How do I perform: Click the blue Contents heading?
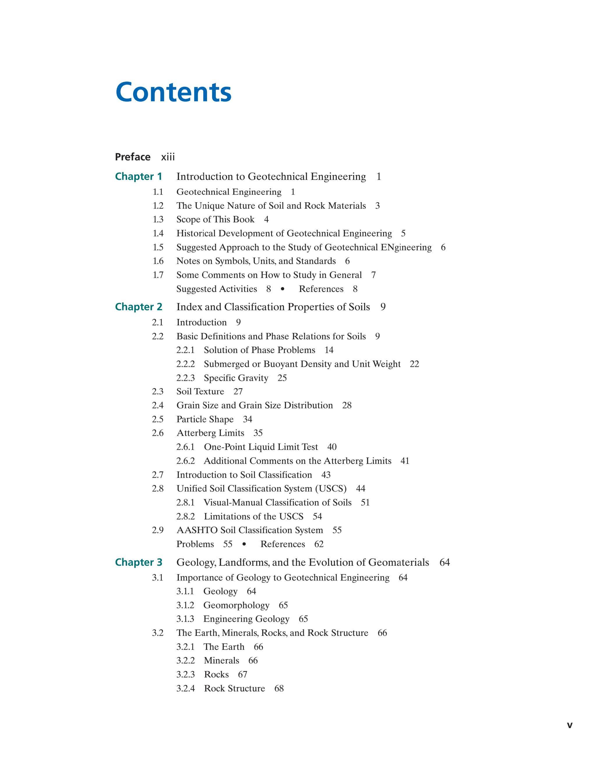point(174,92)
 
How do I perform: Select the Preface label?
point(133,157)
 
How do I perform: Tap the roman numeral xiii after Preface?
point(168,157)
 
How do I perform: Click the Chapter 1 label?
point(138,176)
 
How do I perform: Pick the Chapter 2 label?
point(138,307)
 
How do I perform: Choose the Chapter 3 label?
point(138,562)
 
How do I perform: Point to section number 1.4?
point(158,233)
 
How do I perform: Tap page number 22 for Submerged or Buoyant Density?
point(414,364)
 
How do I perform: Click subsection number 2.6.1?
point(185,447)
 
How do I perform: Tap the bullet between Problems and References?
point(244,544)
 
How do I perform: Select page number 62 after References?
point(319,544)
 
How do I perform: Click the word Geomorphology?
point(236,606)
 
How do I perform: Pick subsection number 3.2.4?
point(185,688)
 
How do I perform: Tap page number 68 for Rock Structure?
point(279,688)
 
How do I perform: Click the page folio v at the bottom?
point(569,726)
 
